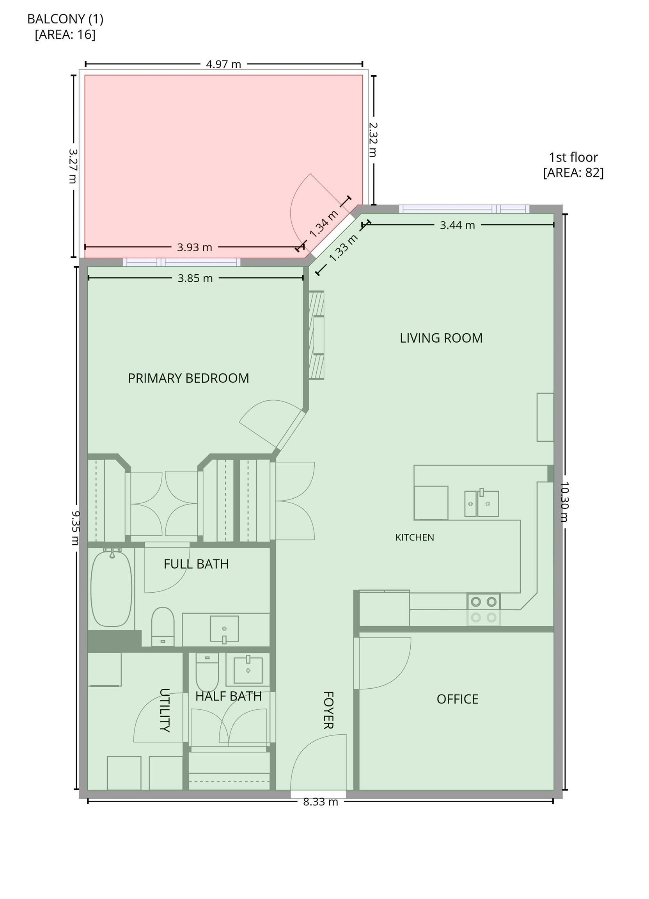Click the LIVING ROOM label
441,338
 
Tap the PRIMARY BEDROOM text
188,378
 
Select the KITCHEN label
415,538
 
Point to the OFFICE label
457,699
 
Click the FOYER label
328,710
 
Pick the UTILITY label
165,710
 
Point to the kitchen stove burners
484,609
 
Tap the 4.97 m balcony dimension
223,64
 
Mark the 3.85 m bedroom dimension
195,278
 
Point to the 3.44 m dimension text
457,225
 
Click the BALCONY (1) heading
66,19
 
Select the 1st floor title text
573,157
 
